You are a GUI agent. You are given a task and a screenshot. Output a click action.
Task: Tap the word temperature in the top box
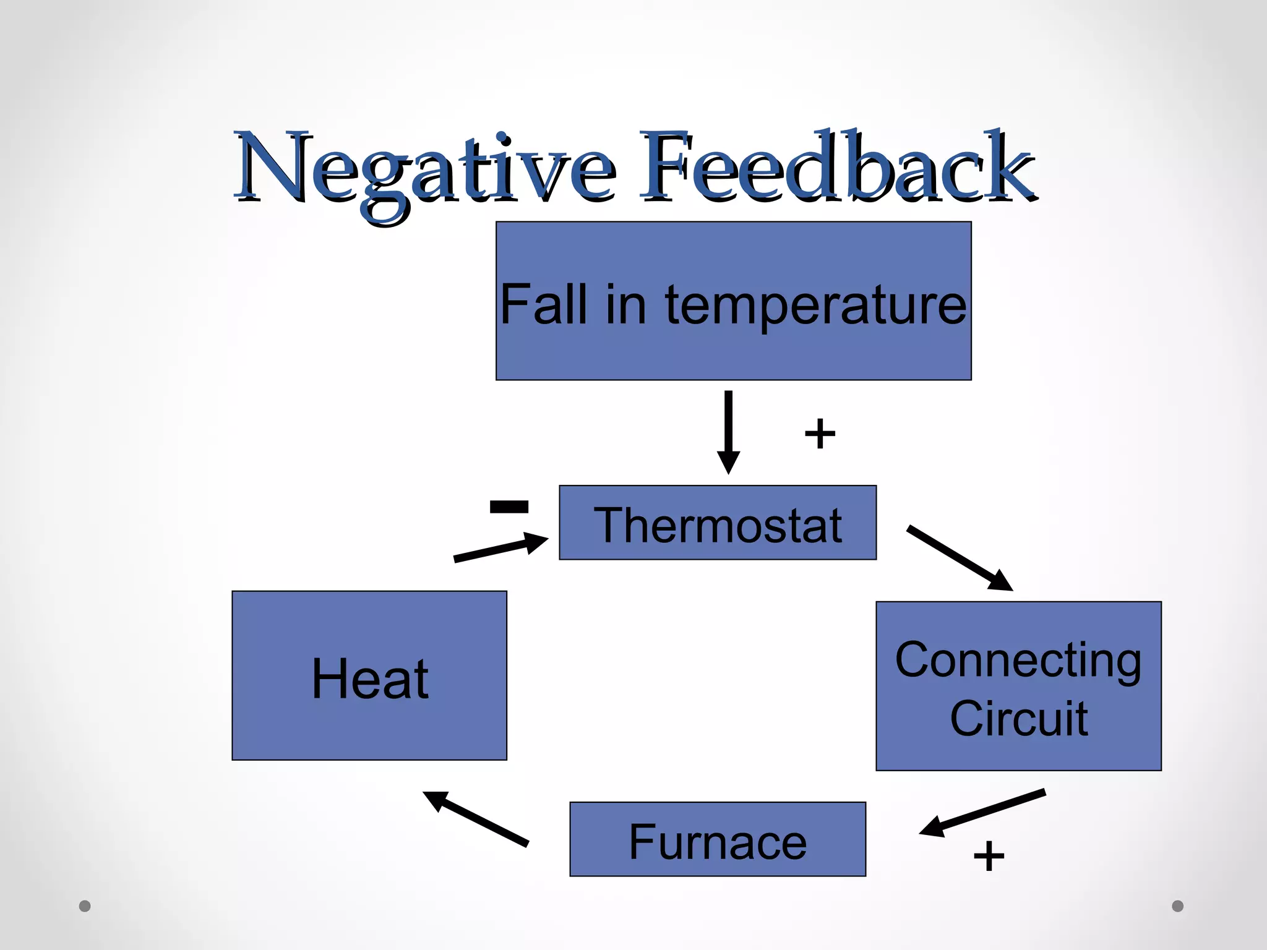pos(815,305)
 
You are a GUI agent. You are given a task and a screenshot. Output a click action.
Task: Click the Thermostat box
pos(718,523)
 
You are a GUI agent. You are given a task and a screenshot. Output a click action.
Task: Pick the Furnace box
pos(718,840)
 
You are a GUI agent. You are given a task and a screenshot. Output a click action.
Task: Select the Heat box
pos(369,676)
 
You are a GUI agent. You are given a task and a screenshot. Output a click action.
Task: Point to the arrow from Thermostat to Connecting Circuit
pos(959,557)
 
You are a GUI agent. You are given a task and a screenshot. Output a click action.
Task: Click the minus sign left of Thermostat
pos(509,507)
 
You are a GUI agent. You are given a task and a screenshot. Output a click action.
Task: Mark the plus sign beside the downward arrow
pos(820,434)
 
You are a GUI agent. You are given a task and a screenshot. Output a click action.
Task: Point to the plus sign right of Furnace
pos(989,857)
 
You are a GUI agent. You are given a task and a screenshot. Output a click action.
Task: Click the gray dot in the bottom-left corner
pos(85,906)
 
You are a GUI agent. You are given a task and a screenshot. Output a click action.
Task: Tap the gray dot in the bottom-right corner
pos(1177,906)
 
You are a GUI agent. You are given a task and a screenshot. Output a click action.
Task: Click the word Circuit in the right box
pos(1018,719)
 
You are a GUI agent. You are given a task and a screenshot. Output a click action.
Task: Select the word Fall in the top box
pos(543,305)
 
